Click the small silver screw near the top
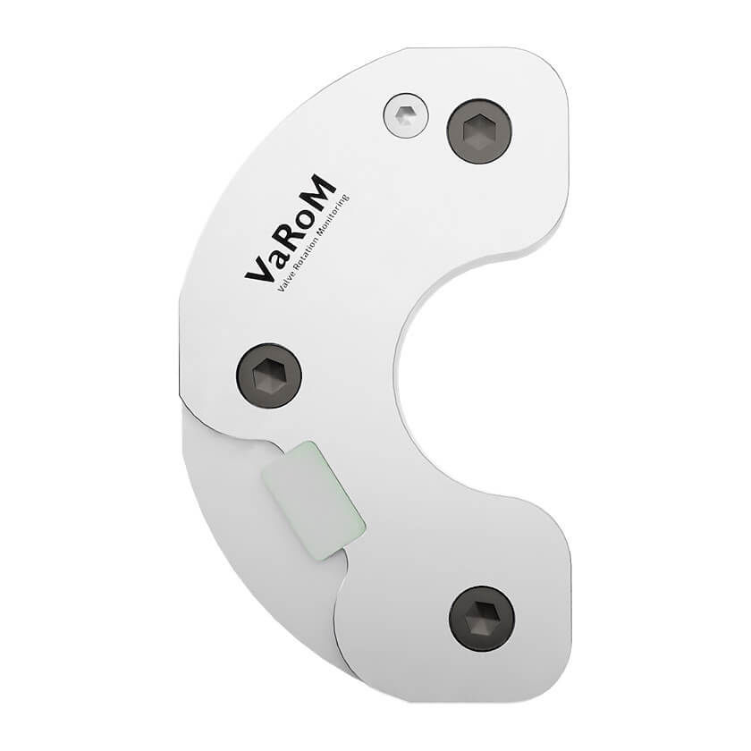(x=405, y=115)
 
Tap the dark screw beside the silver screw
(x=479, y=131)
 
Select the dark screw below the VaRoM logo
(x=268, y=375)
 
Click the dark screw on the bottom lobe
(x=481, y=619)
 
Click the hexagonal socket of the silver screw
(x=405, y=114)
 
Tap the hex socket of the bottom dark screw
(x=481, y=619)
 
